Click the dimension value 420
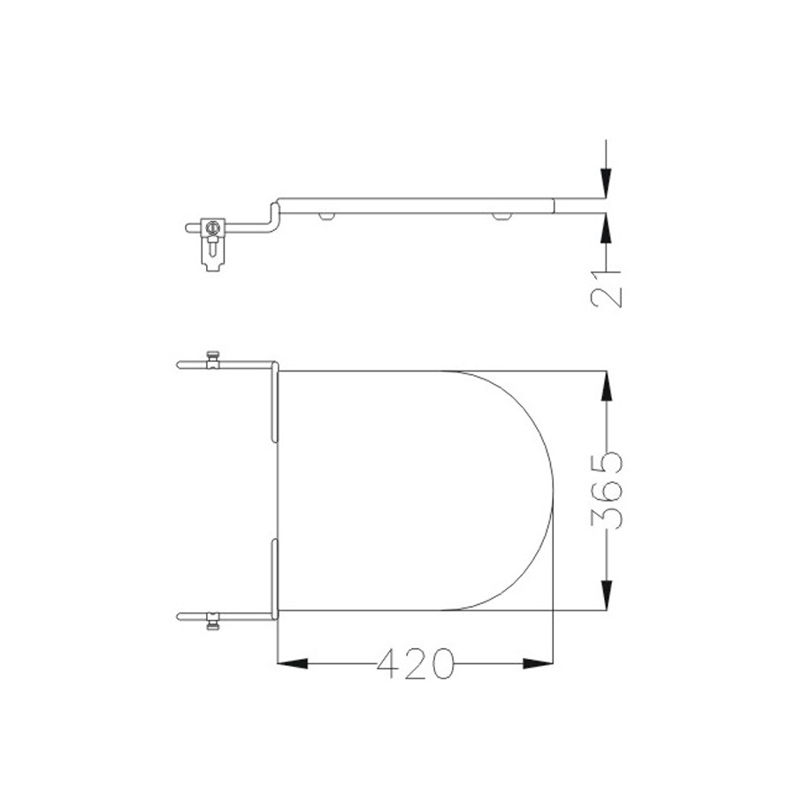tap(415, 664)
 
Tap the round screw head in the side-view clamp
tap(211, 227)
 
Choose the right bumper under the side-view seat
tap(502, 215)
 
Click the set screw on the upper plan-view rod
tap(211, 357)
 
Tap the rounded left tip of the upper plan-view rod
tap(180, 364)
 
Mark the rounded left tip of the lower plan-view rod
tap(180, 616)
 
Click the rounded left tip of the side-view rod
tap(188, 227)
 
